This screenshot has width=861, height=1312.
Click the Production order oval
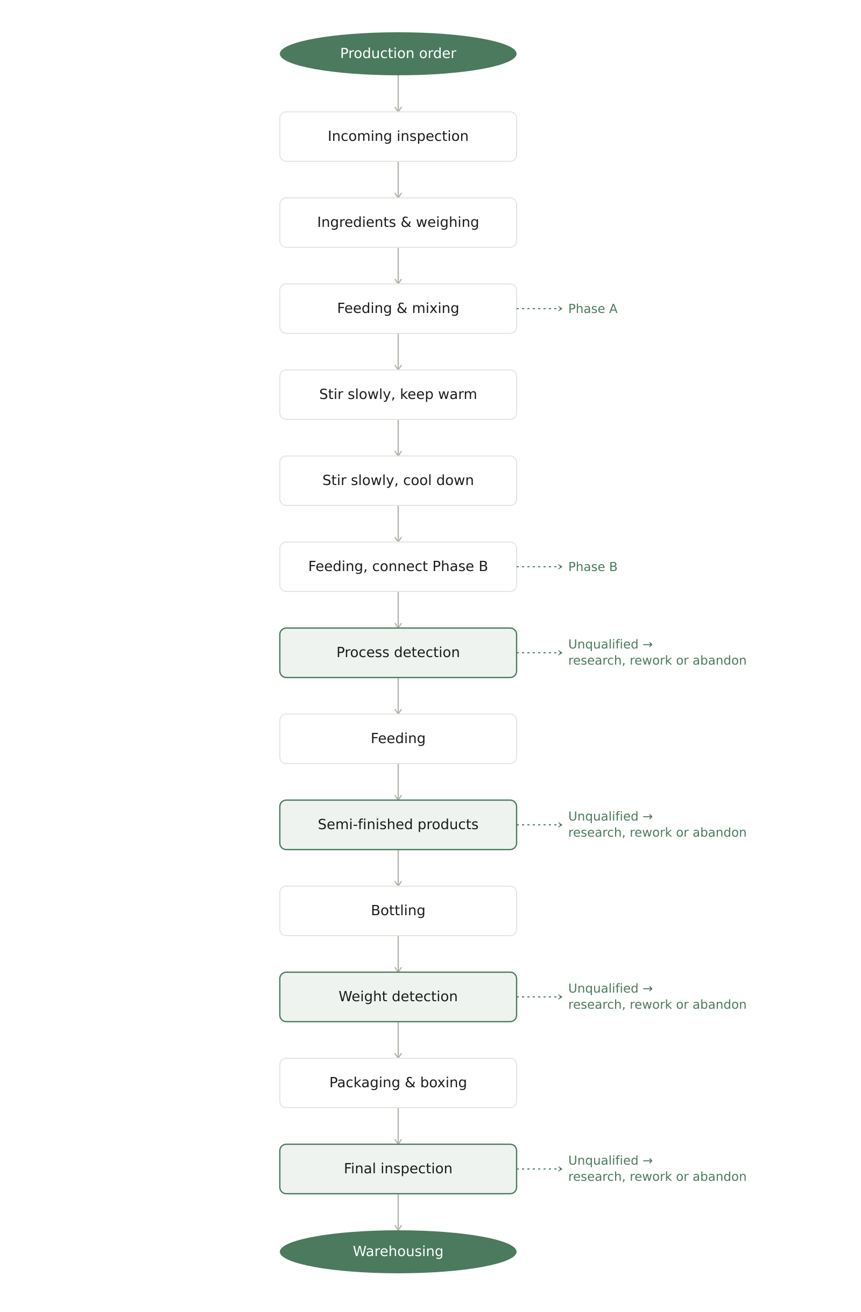398,53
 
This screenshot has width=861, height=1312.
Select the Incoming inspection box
398,137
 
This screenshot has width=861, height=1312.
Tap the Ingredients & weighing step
398,223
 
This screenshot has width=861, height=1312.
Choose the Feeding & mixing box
398,309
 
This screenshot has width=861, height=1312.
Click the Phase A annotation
592,309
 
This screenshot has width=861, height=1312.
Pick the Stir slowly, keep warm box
398,395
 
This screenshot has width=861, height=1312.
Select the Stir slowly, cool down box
398,481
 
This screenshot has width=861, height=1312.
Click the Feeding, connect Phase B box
398,567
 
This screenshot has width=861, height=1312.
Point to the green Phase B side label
592,567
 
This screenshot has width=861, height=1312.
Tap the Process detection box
398,653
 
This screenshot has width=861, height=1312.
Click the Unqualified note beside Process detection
657,653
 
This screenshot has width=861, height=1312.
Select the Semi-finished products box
398,825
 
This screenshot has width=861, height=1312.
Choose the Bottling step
398,911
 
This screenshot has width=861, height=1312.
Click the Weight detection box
398,997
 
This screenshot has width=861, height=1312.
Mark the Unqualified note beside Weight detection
657,997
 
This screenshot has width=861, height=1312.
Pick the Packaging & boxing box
398,1083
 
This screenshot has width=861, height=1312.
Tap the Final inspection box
398,1168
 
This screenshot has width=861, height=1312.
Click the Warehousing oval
398,1252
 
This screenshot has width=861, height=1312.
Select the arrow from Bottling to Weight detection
398,954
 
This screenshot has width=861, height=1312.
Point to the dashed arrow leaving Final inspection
539,1168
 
